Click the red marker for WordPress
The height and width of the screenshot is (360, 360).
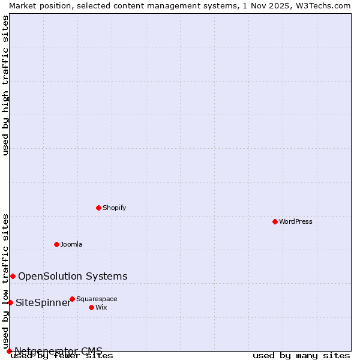[x=275, y=221]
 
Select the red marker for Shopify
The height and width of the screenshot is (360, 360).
[x=98, y=208]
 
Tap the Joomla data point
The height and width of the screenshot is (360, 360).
[x=56, y=244]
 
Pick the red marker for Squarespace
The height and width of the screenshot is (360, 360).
[x=72, y=299]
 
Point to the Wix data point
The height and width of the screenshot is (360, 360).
[x=91, y=307]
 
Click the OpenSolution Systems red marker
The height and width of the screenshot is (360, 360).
[x=13, y=276]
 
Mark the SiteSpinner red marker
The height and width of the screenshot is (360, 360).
[x=10, y=302]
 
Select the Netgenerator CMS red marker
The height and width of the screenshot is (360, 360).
[x=9, y=351]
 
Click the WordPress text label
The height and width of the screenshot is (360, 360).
[x=296, y=221]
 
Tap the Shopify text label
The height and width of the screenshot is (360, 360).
[x=114, y=208]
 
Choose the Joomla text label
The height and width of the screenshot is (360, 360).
[x=71, y=244]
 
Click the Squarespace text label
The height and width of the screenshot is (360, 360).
[x=97, y=299]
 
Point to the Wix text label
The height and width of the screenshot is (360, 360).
[x=101, y=307]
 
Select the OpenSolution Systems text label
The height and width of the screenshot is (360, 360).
[x=73, y=276]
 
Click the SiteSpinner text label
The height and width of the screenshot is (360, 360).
[x=43, y=302]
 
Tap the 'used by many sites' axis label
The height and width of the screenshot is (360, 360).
[x=301, y=356]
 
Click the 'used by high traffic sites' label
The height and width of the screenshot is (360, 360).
[x=5, y=85]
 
